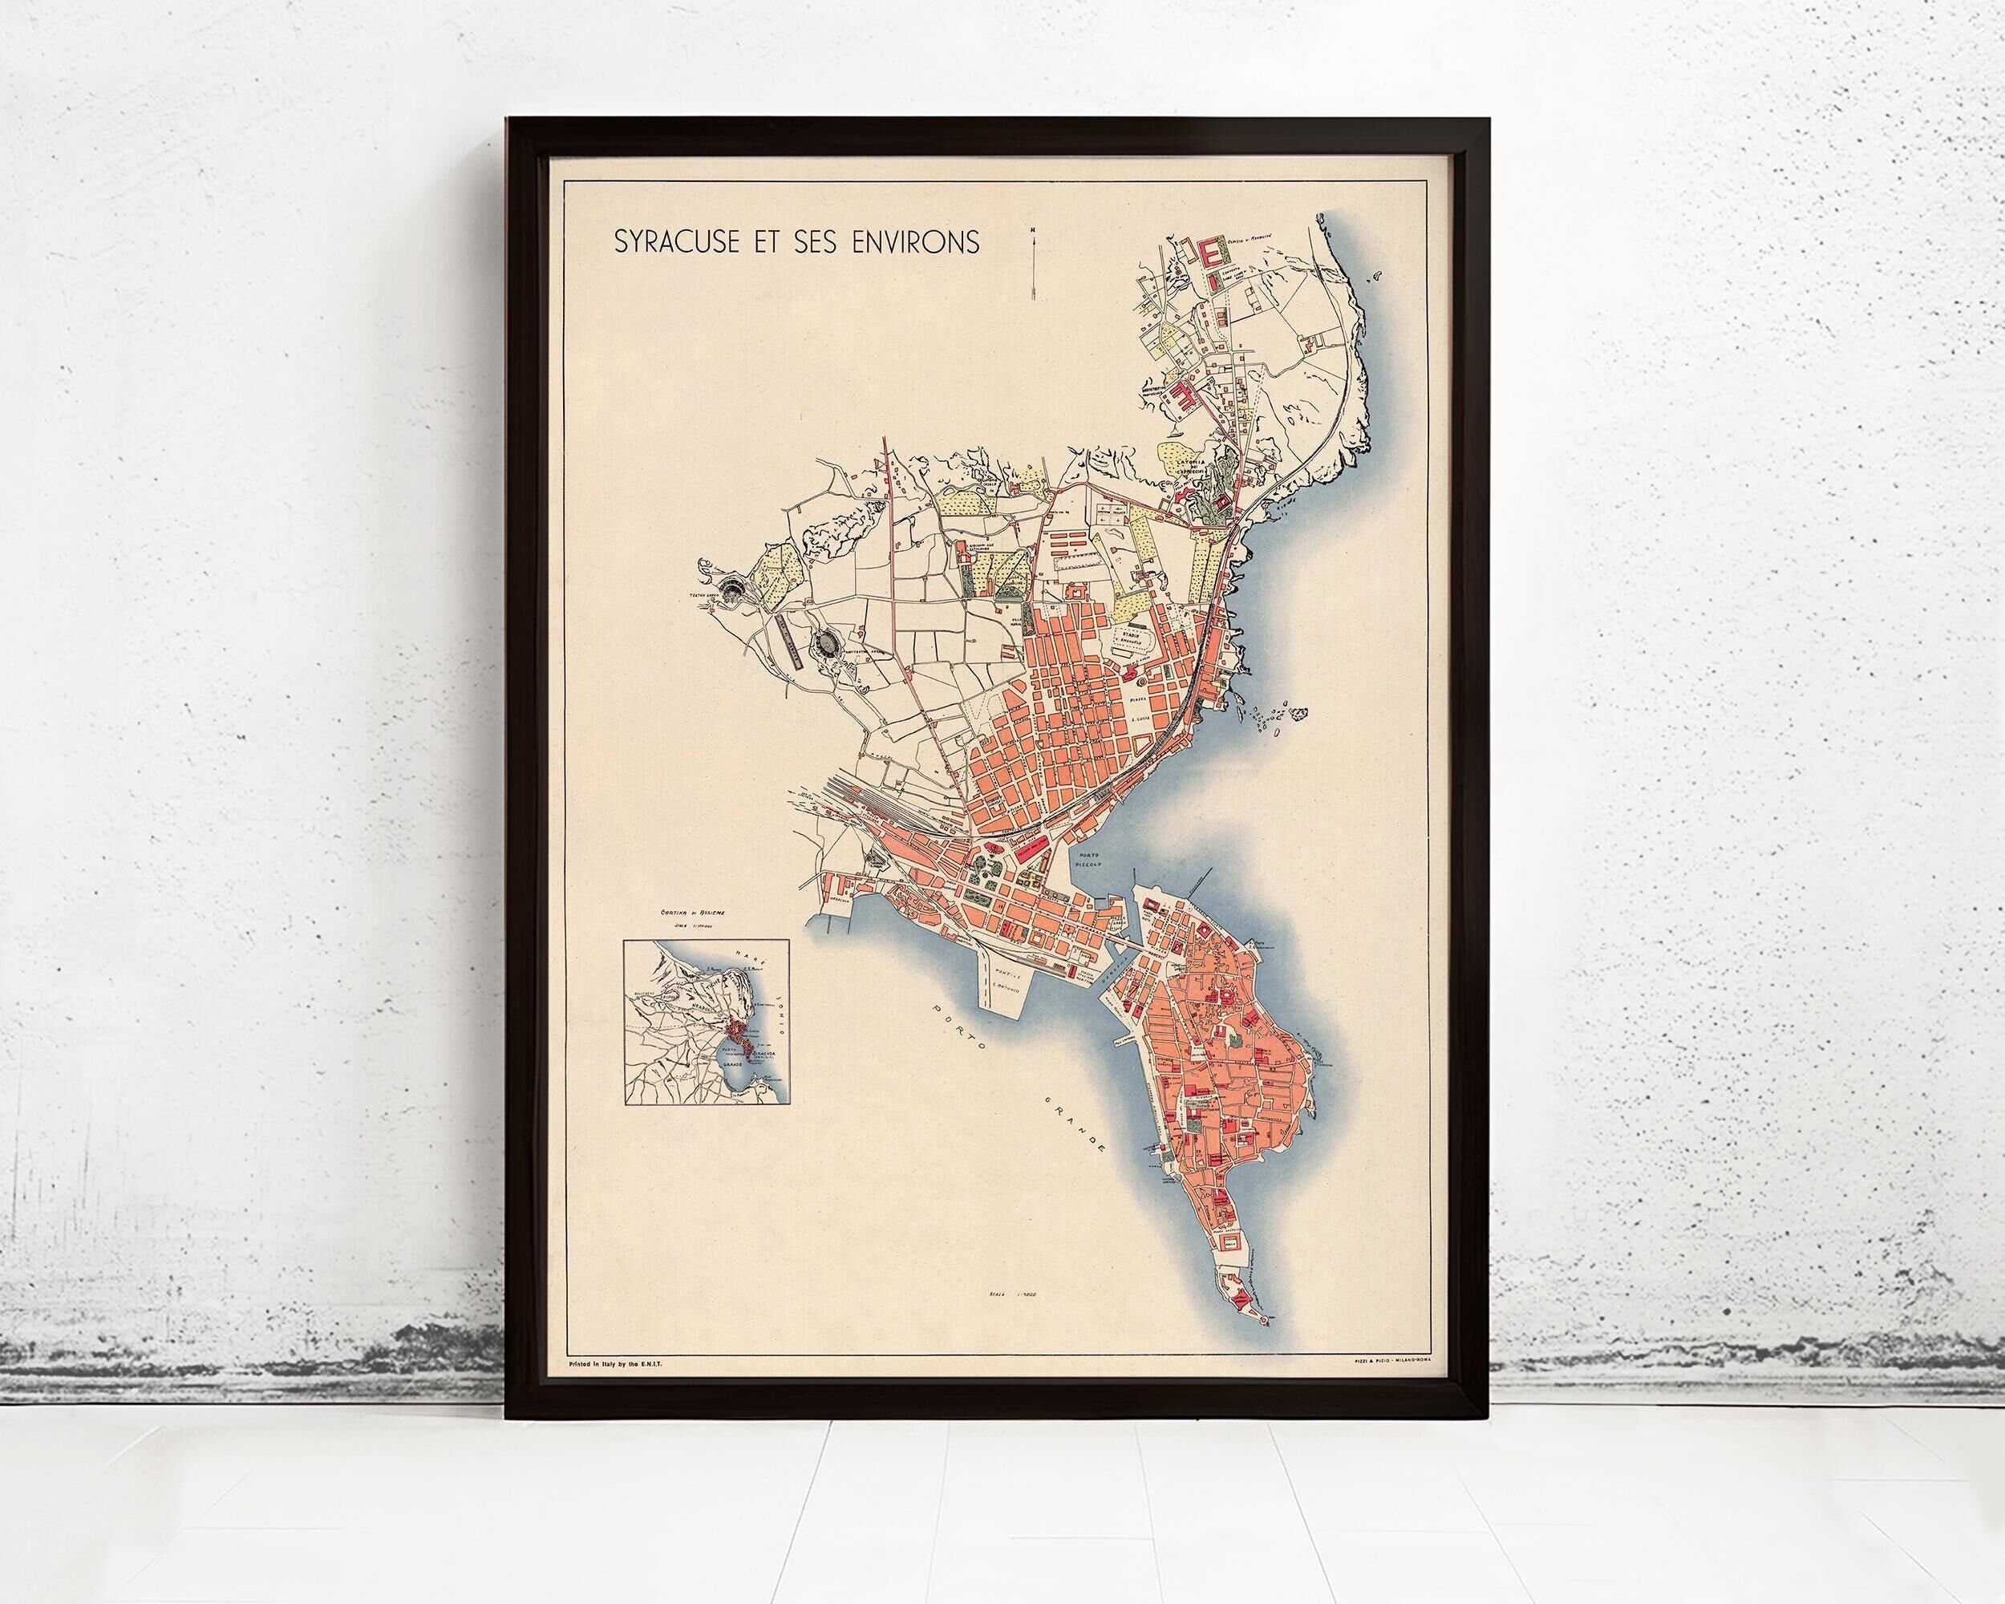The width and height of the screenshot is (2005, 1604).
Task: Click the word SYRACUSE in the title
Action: click(674, 241)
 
